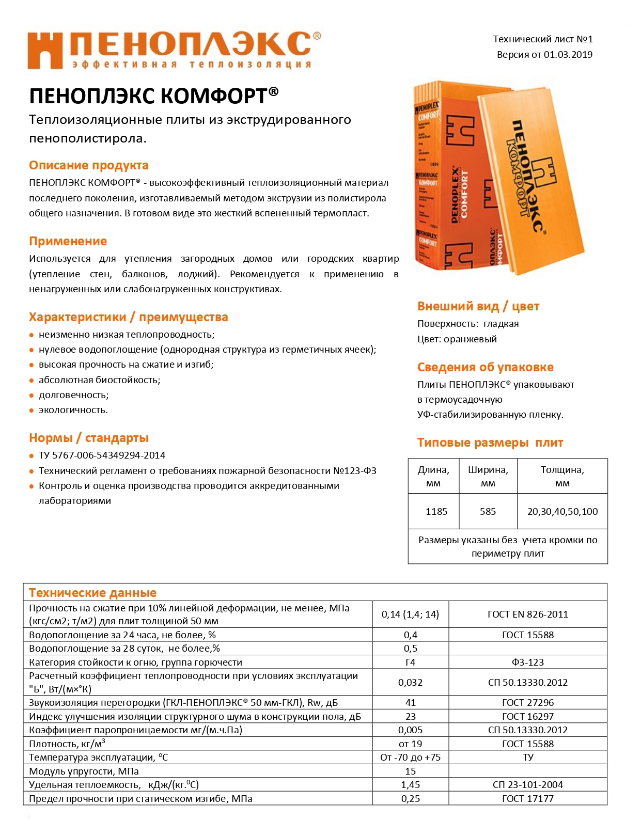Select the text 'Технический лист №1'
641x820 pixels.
(542, 39)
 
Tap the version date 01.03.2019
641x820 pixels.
(568, 55)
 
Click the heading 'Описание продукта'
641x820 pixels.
(88, 165)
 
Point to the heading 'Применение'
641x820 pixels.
(68, 241)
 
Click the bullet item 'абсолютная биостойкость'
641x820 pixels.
(99, 380)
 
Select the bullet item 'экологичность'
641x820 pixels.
(73, 410)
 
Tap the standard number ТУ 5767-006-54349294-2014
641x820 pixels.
(102, 455)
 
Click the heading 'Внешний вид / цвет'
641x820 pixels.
(478, 306)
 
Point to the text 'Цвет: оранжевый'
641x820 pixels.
(457, 339)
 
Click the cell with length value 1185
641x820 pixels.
(436, 511)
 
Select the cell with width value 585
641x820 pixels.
(488, 511)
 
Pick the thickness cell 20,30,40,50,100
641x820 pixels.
(562, 511)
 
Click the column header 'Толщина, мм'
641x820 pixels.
(562, 476)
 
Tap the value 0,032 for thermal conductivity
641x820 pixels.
(410, 682)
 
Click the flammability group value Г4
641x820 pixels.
(410, 662)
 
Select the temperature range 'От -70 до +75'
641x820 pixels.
(410, 758)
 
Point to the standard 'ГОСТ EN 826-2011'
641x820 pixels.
(527, 614)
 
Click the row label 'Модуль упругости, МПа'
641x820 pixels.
(84, 771)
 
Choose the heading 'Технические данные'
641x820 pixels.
(92, 593)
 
